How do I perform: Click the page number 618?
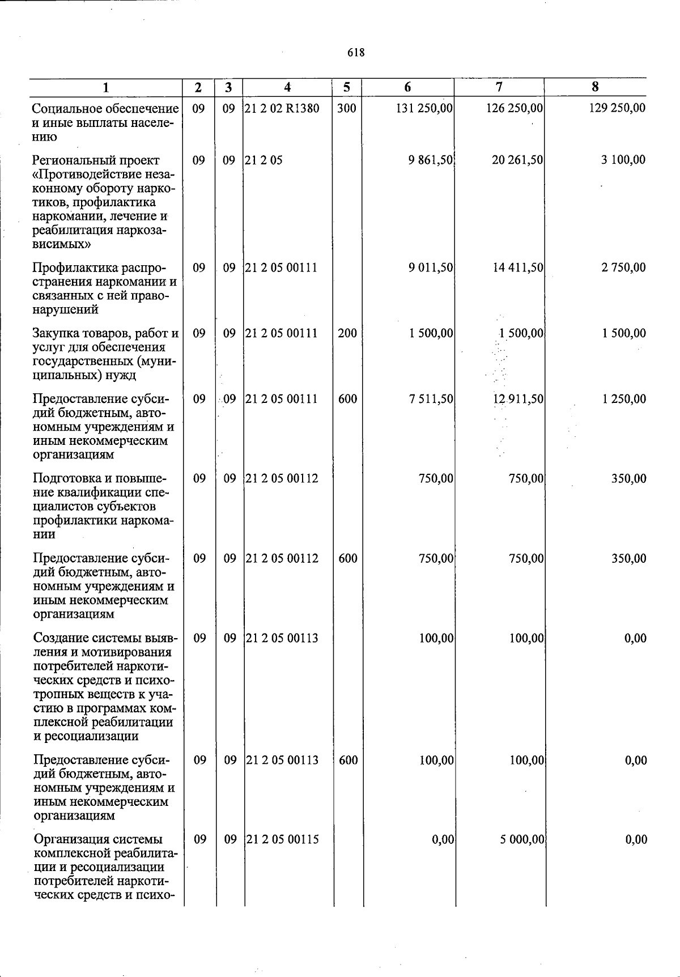click(x=356, y=53)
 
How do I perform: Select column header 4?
click(x=288, y=87)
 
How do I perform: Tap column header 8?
click(x=595, y=87)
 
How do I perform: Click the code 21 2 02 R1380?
click(x=282, y=108)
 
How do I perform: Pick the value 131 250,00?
click(x=424, y=108)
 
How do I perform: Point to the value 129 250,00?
click(x=617, y=108)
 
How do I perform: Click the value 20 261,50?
click(x=517, y=160)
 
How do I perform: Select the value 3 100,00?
click(x=623, y=160)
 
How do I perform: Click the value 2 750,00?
click(x=623, y=267)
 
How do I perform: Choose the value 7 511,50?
click(x=431, y=399)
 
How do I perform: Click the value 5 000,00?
click(x=522, y=839)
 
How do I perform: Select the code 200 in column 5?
click(x=347, y=333)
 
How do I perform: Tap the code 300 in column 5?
click(x=347, y=108)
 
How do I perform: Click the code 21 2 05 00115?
click(x=283, y=839)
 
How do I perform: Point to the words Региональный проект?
click(x=96, y=160)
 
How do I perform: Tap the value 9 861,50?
click(x=431, y=160)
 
